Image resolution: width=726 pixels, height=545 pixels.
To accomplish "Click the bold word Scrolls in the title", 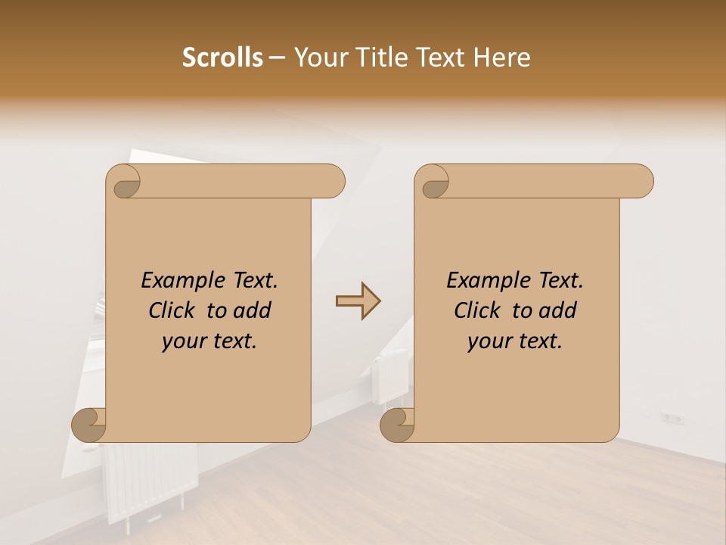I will (222, 58).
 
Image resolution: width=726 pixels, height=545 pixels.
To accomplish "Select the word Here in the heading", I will (502, 58).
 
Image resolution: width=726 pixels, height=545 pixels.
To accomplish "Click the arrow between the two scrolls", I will (358, 301).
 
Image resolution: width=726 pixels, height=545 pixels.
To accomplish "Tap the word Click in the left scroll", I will (174, 310).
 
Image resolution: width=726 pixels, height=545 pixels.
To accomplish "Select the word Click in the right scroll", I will (479, 310).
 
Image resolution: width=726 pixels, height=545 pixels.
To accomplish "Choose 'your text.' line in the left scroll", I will (209, 341).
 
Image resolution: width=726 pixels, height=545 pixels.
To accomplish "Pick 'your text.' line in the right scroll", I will (515, 341).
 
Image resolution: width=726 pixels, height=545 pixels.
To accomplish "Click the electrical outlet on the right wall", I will (672, 417).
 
